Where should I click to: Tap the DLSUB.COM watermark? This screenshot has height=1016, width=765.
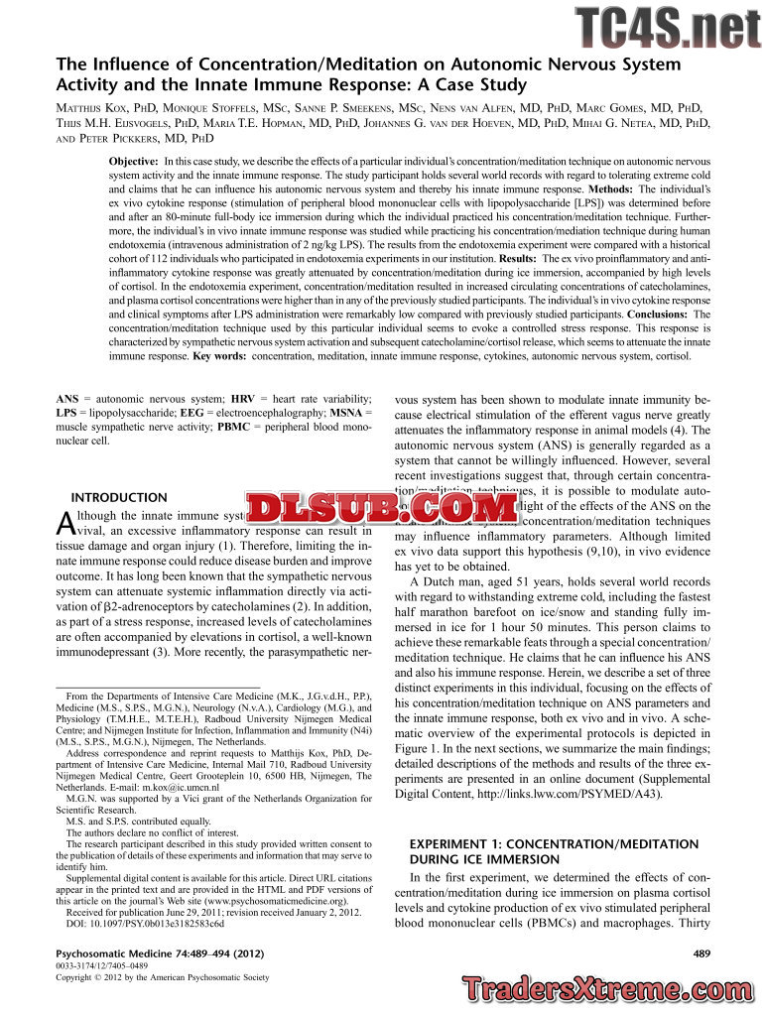click(x=382, y=509)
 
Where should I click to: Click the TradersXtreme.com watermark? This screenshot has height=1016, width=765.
click(x=610, y=988)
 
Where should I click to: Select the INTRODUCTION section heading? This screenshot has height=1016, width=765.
click(x=119, y=497)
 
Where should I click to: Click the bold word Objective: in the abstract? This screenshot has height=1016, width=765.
click(x=133, y=161)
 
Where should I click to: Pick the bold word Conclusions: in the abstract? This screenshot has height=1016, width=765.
click(x=659, y=314)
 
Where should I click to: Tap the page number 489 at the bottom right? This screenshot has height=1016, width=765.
click(x=699, y=953)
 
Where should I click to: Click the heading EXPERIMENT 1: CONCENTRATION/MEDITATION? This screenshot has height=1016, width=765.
click(x=554, y=844)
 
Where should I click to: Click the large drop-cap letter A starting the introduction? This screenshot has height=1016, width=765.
click(x=64, y=522)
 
